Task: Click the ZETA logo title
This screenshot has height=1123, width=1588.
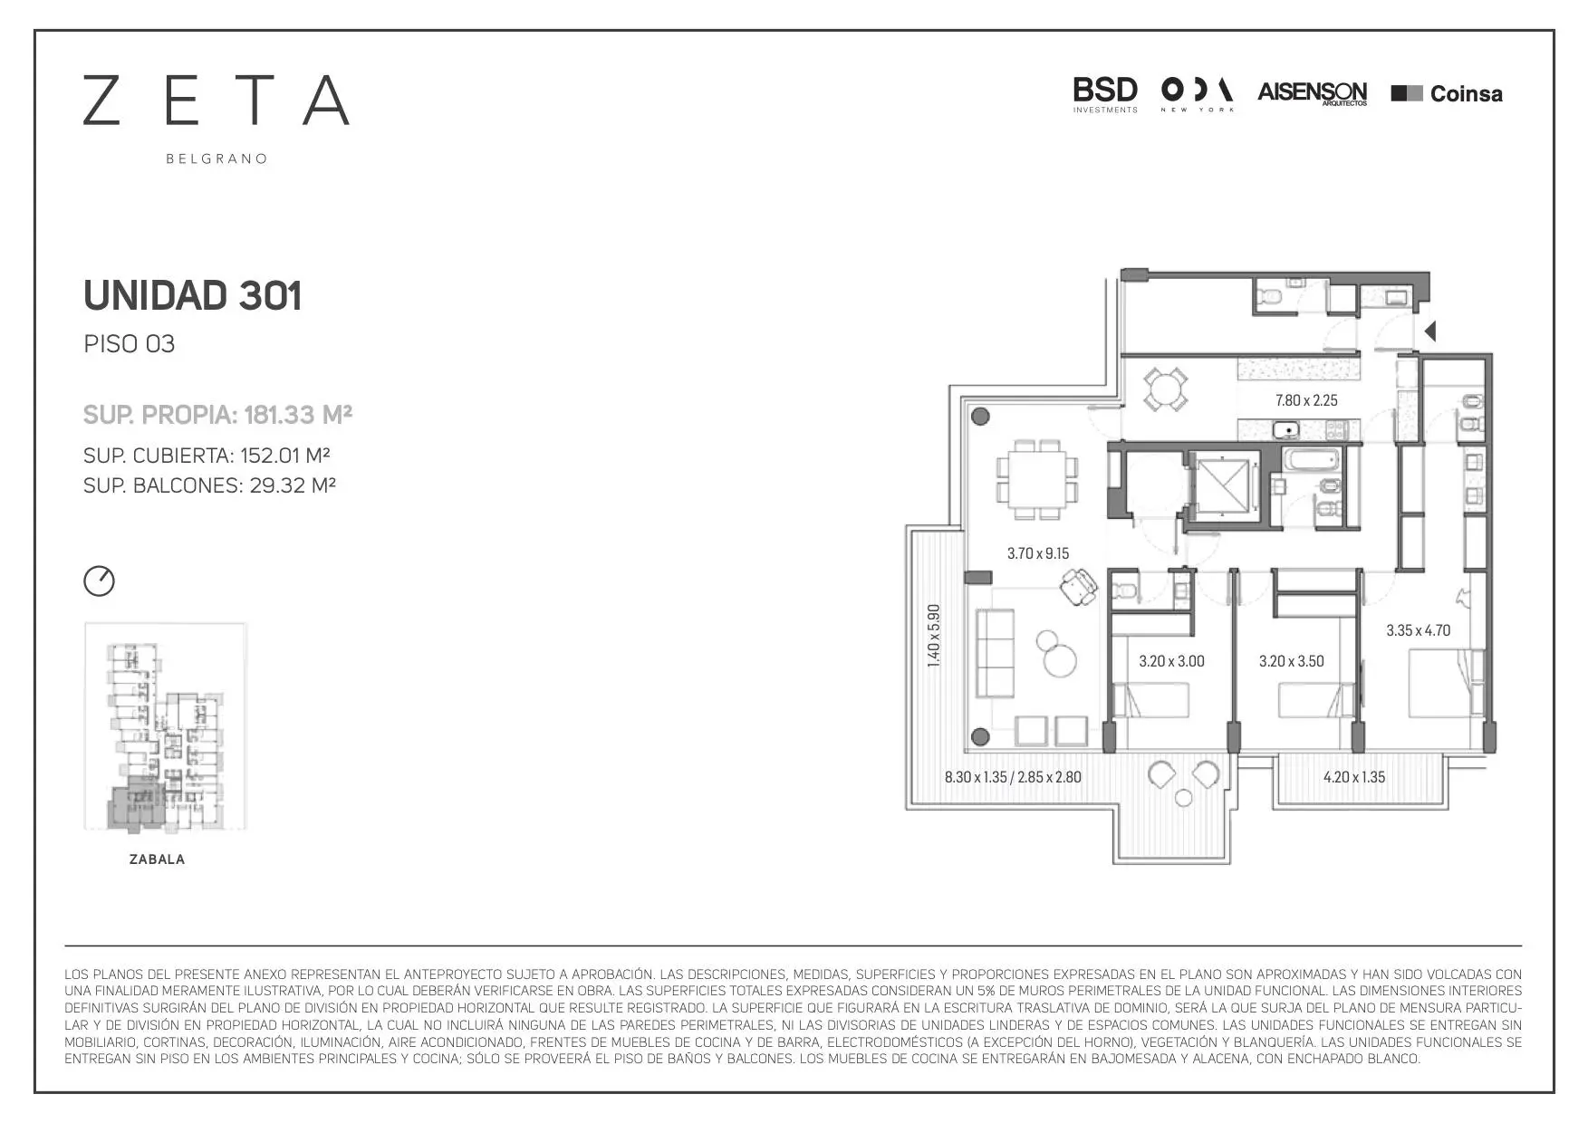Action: click(217, 100)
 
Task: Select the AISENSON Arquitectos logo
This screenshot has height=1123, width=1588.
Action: click(1312, 93)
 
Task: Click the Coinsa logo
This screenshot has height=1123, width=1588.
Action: click(1447, 93)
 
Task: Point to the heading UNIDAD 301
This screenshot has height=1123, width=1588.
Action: click(192, 295)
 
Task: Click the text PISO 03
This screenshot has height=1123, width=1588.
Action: click(129, 344)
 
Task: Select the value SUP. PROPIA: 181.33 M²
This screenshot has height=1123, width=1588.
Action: click(217, 415)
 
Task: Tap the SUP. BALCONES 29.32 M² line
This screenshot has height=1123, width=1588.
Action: click(209, 485)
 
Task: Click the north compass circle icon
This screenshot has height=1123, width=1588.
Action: click(100, 581)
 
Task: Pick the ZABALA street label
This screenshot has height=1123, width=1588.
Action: click(157, 859)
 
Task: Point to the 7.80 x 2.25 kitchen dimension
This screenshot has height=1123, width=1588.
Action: click(1306, 400)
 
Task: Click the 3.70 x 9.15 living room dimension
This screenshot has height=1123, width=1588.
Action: click(1038, 553)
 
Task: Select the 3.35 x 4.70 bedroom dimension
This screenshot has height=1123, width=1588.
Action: click(1418, 630)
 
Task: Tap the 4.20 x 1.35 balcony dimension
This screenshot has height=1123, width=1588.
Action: click(1353, 777)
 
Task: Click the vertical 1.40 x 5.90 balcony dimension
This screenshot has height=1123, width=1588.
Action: click(934, 637)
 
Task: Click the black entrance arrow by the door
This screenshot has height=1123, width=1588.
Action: click(1430, 332)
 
